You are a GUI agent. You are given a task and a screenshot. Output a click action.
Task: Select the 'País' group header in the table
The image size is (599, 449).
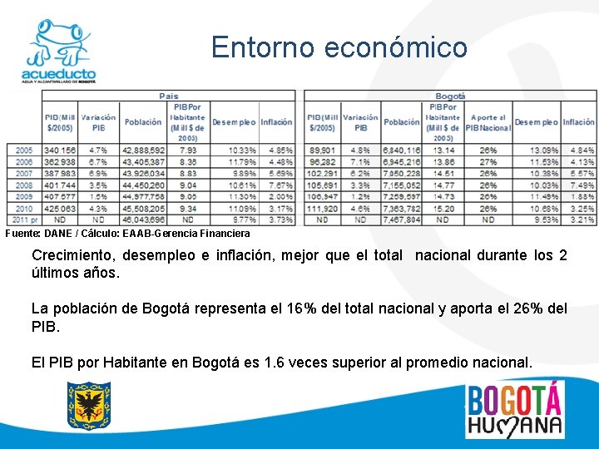169,96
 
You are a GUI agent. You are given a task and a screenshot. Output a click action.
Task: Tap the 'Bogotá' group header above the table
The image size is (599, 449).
450,96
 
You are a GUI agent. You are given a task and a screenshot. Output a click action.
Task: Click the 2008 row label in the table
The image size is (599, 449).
24,185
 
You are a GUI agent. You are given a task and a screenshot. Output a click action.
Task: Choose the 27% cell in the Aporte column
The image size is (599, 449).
488,162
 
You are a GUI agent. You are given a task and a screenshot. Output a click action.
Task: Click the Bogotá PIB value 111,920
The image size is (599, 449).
322,209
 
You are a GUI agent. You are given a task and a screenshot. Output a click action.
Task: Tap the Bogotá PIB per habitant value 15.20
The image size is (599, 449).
443,209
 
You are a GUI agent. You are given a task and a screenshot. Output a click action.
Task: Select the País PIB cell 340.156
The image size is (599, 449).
60,150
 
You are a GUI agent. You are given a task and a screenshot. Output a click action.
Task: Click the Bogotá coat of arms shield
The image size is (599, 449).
89,406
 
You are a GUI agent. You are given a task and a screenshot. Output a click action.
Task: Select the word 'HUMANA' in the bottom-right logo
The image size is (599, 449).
513,425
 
